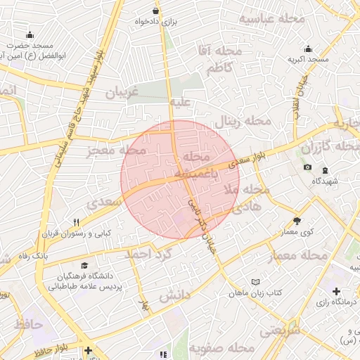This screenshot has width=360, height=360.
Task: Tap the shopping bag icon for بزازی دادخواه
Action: (155, 11)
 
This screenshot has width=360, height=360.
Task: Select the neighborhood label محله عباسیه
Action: (271, 19)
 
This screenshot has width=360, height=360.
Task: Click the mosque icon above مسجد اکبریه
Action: (308, 49)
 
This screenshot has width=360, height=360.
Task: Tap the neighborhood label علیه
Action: (180, 103)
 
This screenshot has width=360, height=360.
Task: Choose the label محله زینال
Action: (243, 121)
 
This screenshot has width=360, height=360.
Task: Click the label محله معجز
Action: (117, 150)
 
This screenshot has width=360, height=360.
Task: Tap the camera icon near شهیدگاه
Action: (307, 167)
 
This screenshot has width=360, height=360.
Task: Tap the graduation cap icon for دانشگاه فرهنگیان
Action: (84, 266)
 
